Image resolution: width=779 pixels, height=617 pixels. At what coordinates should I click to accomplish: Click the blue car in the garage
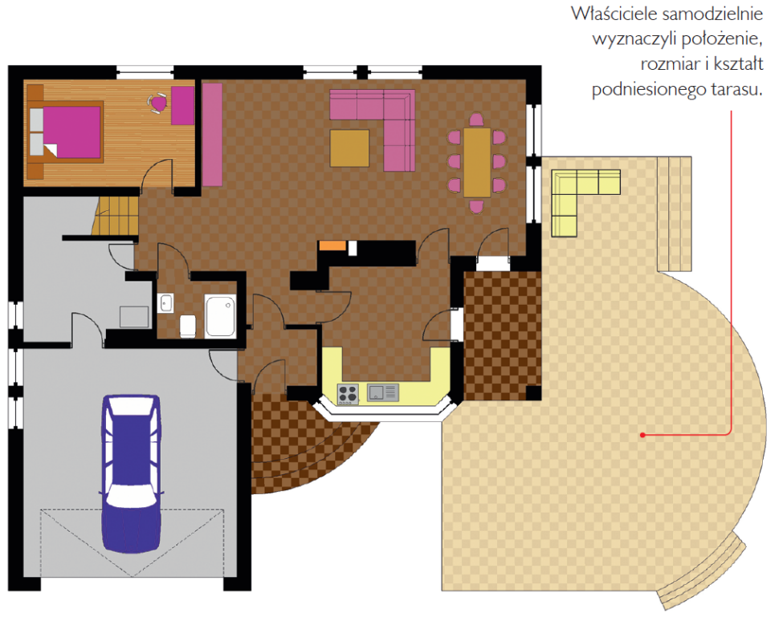[131, 473]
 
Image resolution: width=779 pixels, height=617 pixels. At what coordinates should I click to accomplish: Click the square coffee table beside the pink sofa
[350, 148]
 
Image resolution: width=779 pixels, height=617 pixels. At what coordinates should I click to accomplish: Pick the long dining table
[477, 163]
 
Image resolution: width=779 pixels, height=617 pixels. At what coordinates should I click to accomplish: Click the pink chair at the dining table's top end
[476, 120]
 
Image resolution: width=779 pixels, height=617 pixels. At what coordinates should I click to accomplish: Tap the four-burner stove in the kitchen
[348, 394]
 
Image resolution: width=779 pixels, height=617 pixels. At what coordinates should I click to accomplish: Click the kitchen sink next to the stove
[382, 392]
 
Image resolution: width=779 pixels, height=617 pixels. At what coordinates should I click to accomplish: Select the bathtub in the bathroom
[220, 315]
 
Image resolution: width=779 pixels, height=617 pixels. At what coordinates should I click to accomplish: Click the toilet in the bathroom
[188, 326]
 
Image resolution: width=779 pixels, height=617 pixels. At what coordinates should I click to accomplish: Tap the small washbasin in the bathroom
[165, 303]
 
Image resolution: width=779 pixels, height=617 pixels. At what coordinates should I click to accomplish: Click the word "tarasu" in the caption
[736, 89]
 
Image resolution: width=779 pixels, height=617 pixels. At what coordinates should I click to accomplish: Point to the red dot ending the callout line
[642, 435]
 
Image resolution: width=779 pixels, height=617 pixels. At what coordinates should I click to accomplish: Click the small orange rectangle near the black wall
[332, 246]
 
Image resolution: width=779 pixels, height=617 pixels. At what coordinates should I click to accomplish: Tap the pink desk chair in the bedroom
[158, 104]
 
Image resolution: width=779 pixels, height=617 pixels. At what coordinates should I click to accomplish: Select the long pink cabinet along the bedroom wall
[212, 135]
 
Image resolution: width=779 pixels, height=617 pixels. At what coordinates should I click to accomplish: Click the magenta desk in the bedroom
[183, 105]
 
